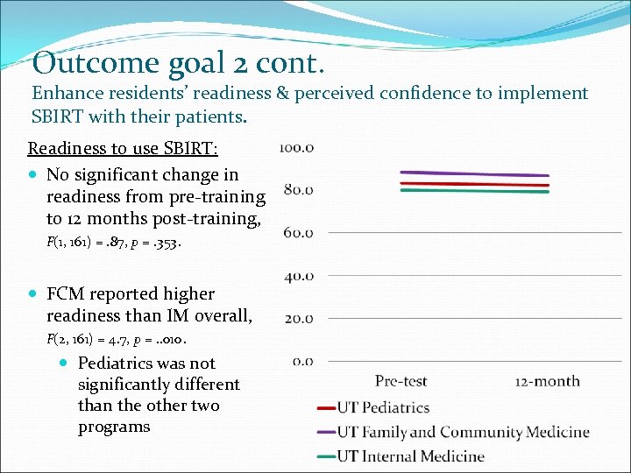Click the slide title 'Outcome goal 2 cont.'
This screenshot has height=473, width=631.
[179, 63]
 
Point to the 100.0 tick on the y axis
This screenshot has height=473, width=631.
[296, 148]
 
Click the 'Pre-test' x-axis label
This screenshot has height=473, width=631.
[401, 381]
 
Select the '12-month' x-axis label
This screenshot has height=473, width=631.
[547, 381]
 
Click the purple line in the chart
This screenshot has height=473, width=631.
[473, 174]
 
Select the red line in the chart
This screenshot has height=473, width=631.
[473, 185]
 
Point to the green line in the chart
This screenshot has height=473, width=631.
[473, 191]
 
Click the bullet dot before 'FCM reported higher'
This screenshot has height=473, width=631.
[32, 294]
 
